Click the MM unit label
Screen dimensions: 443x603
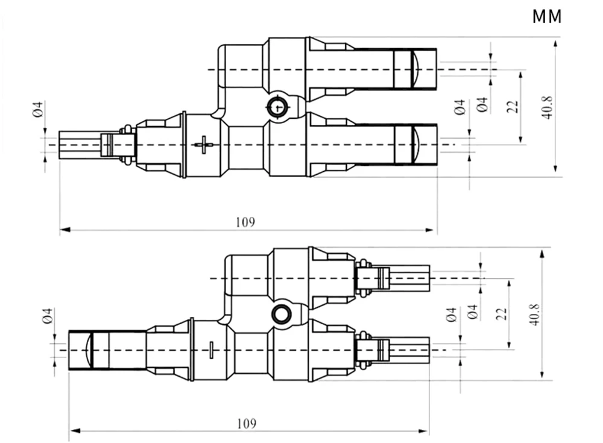pos(547,16)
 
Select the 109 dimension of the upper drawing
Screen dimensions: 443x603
pos(245,222)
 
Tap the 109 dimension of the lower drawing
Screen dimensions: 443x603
pos(246,423)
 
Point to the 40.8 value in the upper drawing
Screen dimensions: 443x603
pos(548,107)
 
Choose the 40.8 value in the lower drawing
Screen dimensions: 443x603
pos(534,315)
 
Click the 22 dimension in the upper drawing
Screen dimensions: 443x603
pos(513,107)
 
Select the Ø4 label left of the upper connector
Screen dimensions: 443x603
pos(37,110)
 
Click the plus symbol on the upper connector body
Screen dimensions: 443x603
pos(204,145)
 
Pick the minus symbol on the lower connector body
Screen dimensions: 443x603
pos(211,350)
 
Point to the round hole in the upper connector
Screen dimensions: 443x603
pos(278,107)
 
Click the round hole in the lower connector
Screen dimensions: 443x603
pos(280,314)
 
